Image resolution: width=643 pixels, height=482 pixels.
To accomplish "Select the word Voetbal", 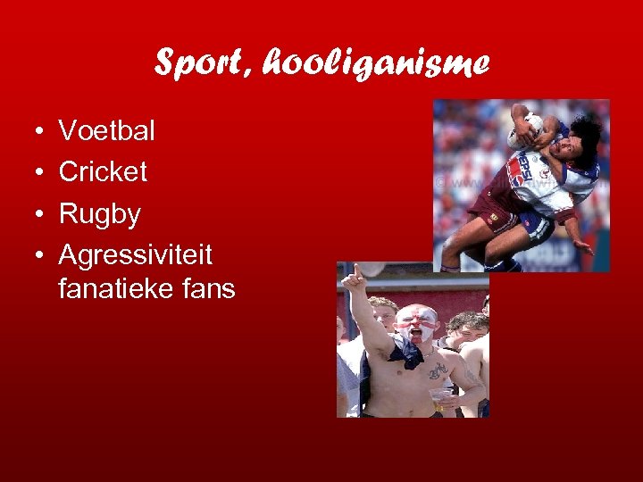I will tap(106, 131).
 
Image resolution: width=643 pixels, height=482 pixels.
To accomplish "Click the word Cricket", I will tap(103, 172).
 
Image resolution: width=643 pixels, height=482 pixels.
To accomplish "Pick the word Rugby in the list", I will tap(99, 214).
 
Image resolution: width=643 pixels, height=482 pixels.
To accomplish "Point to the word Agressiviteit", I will tap(135, 255).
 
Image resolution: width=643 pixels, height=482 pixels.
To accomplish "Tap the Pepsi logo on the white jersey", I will tap(520, 169).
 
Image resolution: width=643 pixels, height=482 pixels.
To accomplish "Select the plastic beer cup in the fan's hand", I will tap(439, 394).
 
